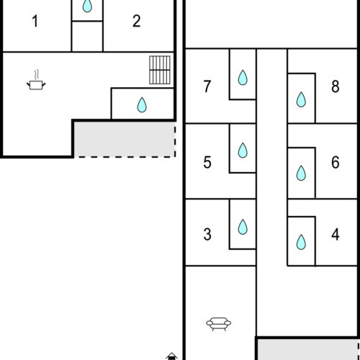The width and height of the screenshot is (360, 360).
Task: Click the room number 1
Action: point(35,21)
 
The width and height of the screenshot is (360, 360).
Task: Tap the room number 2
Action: point(137,21)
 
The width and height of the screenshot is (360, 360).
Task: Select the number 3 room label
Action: point(207,235)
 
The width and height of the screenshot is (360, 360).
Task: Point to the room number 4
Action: point(335,235)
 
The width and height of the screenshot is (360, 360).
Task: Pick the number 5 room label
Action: point(207,163)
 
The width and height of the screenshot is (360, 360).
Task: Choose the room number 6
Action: point(335,163)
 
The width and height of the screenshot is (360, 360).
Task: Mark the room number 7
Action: point(207,87)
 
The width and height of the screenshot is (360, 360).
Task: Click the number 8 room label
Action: point(335,87)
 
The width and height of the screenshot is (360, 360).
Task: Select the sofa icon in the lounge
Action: point(217,323)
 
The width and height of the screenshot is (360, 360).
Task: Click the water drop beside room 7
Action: point(243,76)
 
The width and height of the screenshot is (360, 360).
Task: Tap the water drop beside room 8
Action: point(301,99)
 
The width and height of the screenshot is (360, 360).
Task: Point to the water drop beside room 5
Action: point(243,150)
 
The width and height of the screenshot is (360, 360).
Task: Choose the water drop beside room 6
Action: point(301,173)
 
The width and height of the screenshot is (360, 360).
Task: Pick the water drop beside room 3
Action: point(243,227)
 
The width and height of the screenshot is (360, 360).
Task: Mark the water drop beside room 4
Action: point(301,240)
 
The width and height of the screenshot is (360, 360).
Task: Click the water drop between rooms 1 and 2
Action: point(87,6)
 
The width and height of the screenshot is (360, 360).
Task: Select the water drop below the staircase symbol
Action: point(142,106)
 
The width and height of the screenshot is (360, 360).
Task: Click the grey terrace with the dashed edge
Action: point(125,138)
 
